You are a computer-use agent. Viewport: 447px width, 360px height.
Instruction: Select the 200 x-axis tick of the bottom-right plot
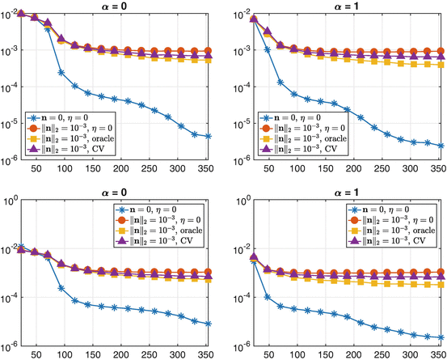click(x=354, y=354)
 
